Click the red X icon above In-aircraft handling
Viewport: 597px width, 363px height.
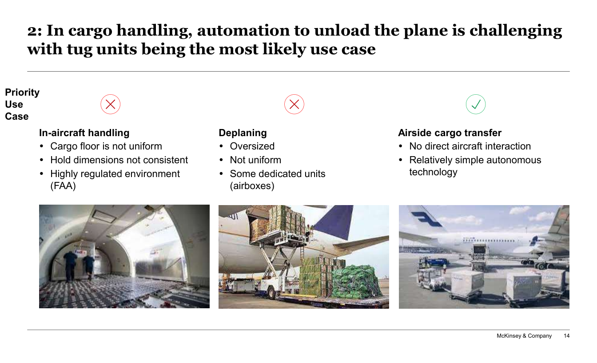coord(110,105)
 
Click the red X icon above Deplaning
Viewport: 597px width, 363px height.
coord(294,105)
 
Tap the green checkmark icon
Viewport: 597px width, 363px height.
coord(476,105)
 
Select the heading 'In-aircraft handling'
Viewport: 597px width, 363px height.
coord(84,133)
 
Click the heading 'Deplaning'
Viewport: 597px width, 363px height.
coord(243,133)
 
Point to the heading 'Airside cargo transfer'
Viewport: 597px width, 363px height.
coord(450,133)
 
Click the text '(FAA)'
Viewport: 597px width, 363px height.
coord(63,186)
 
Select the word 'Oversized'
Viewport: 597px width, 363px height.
coord(252,146)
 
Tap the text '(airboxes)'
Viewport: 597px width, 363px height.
coord(252,186)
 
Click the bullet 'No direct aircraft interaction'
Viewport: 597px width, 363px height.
coord(470,146)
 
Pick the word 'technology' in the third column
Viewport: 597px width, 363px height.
coord(434,172)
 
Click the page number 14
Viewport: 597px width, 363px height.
coord(567,336)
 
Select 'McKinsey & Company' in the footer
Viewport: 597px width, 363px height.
coord(524,336)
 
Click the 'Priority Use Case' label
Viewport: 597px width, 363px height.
coord(22,105)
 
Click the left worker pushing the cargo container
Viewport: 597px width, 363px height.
coord(70,266)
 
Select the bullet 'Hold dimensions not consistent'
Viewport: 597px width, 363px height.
coord(119,160)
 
